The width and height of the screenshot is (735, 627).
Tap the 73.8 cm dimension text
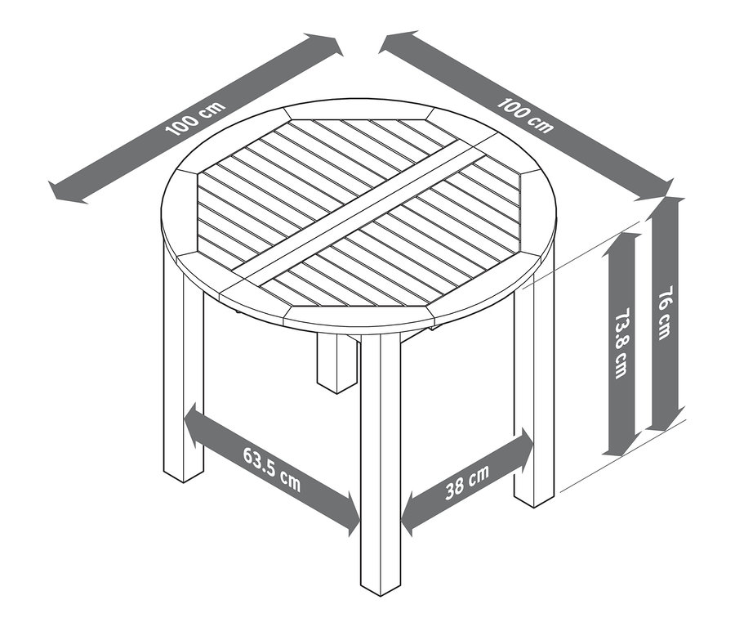[621, 343]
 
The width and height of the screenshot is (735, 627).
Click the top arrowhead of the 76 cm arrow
[665, 208]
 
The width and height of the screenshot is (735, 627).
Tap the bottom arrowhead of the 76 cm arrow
[665, 420]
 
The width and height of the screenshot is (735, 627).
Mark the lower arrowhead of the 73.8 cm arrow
[621, 446]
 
